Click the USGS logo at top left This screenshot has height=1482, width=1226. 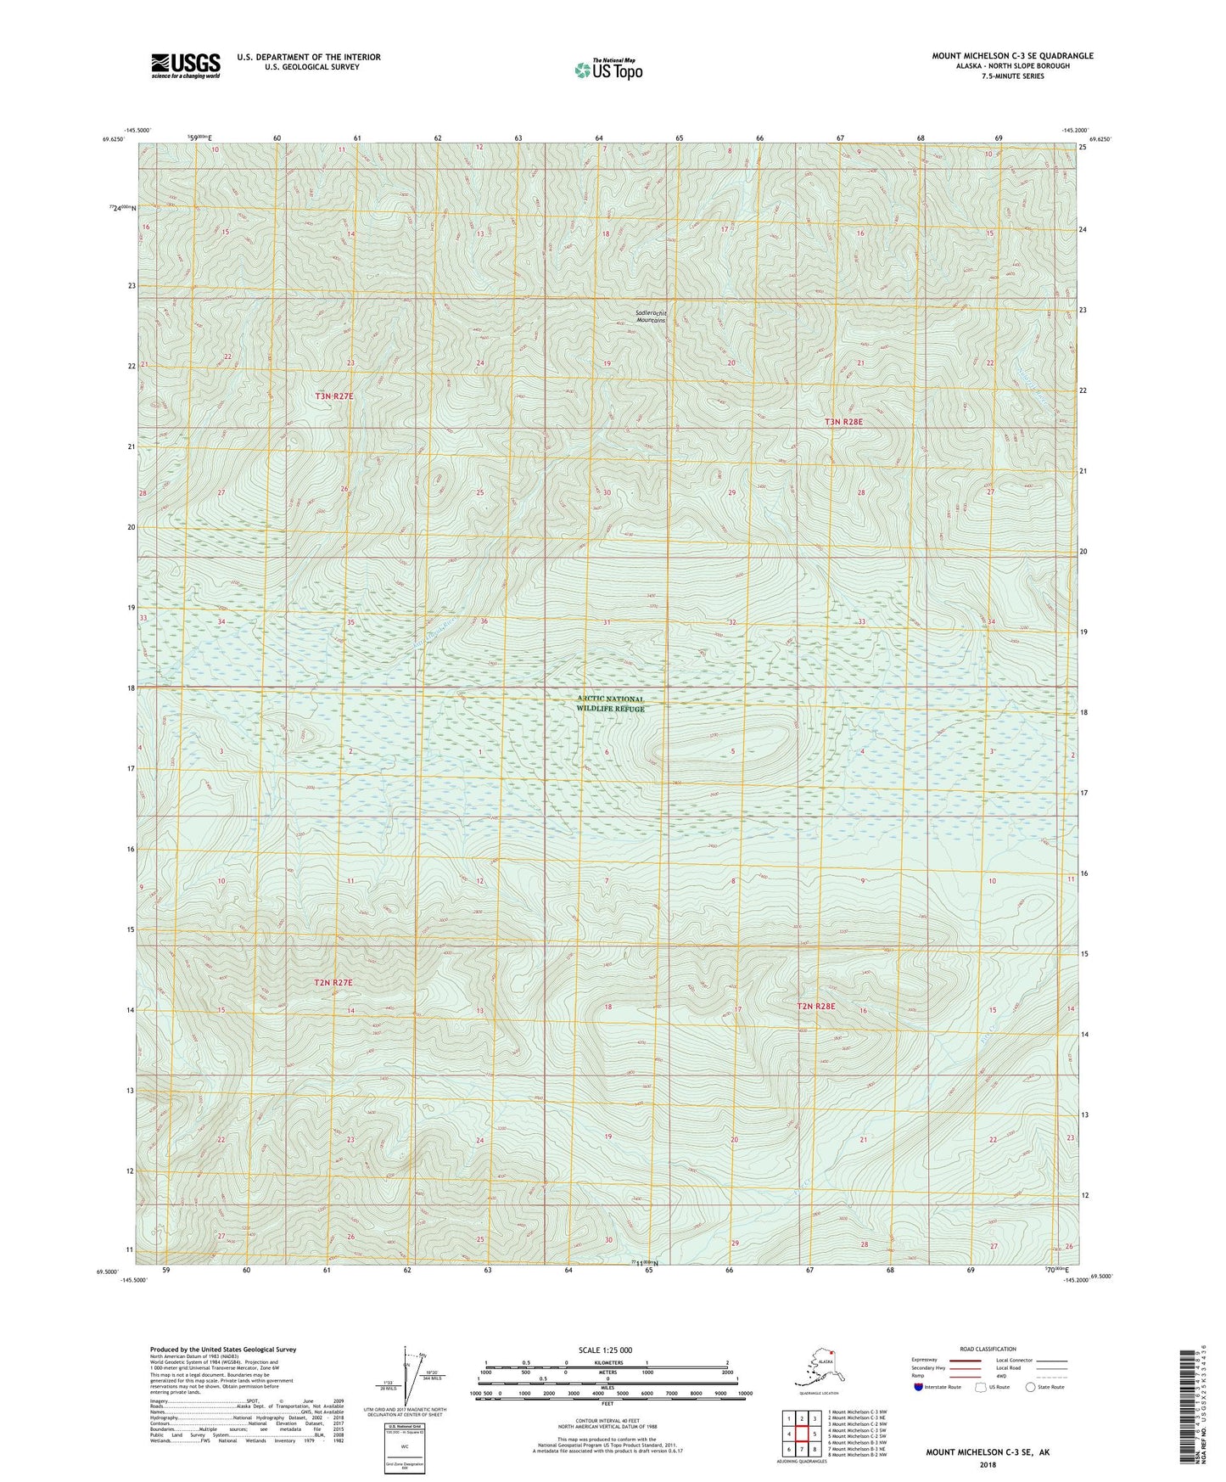(x=185, y=65)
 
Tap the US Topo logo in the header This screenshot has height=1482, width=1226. (x=607, y=70)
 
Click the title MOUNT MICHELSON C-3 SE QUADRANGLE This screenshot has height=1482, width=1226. (x=1012, y=56)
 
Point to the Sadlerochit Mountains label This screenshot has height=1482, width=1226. (x=651, y=317)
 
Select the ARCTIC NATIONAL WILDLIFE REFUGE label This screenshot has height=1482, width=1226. (x=611, y=704)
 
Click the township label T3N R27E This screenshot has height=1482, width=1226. (x=334, y=396)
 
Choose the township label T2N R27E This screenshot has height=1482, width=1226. (x=333, y=982)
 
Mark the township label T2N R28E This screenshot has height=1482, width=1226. (x=815, y=1007)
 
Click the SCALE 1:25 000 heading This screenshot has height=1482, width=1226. (x=605, y=1350)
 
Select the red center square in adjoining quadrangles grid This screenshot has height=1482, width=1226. (x=802, y=1434)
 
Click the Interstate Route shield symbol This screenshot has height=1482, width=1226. (x=918, y=1387)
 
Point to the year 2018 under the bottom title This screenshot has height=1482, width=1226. (x=987, y=1464)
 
